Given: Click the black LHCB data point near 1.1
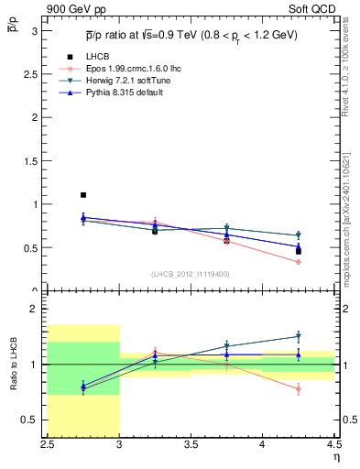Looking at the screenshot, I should click(83, 195).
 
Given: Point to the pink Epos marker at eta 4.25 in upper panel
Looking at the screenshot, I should click(299, 262).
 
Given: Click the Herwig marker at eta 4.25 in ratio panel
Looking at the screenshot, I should click(299, 336).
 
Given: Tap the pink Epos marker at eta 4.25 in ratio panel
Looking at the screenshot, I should click(299, 388).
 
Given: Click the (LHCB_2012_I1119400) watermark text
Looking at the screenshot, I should click(191, 274).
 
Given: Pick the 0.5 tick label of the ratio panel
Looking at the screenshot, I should click(31, 420).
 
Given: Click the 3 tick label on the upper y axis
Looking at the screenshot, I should click(36, 30).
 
